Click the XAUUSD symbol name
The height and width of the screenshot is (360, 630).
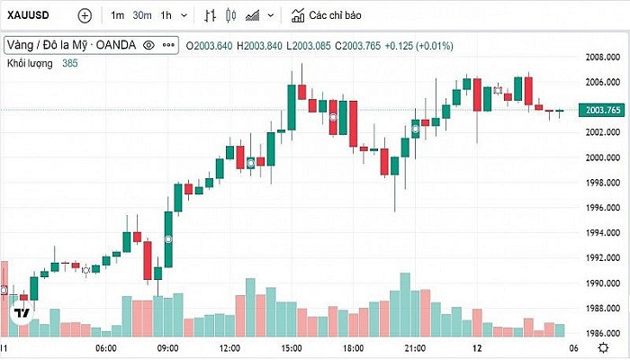click(x=28, y=15)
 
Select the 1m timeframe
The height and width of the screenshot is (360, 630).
click(x=118, y=15)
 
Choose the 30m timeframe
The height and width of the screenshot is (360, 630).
click(x=141, y=15)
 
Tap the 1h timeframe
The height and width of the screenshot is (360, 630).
click(x=166, y=15)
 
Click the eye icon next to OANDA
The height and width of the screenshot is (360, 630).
click(x=148, y=45)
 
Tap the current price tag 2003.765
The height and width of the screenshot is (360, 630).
click(x=603, y=110)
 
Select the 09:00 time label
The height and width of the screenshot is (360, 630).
click(x=168, y=347)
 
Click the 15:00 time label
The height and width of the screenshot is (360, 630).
click(x=291, y=347)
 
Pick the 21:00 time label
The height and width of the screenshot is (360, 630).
click(x=415, y=347)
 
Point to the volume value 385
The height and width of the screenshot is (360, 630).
click(x=70, y=63)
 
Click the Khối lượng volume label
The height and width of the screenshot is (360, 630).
click(x=30, y=63)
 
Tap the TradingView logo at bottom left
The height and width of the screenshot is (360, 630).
click(x=22, y=313)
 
